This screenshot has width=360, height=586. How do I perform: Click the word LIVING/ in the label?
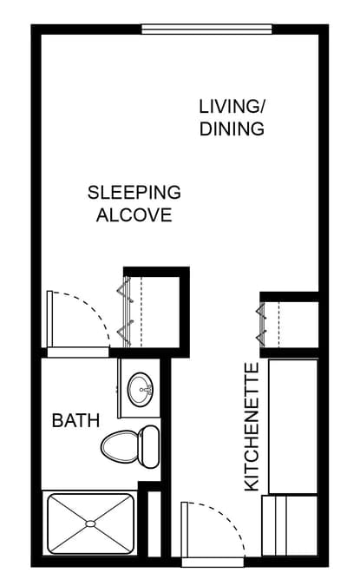pyautogui.click(x=232, y=107)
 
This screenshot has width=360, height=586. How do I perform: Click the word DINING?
pyautogui.click(x=232, y=129)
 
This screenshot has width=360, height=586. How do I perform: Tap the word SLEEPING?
pyautogui.click(x=134, y=192)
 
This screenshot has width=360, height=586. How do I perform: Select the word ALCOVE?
pyautogui.click(x=134, y=215)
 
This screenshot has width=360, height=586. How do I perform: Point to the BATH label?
pyautogui.click(x=76, y=421)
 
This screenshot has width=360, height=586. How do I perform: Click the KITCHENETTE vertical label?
pyautogui.click(x=252, y=428)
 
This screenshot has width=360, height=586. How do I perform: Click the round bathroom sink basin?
pyautogui.click(x=140, y=391)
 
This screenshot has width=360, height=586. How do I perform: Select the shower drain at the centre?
pyautogui.click(x=90, y=524)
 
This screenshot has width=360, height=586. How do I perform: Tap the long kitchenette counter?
pyautogui.click(x=293, y=425)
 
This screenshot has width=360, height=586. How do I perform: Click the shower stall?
pyautogui.click(x=90, y=524)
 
